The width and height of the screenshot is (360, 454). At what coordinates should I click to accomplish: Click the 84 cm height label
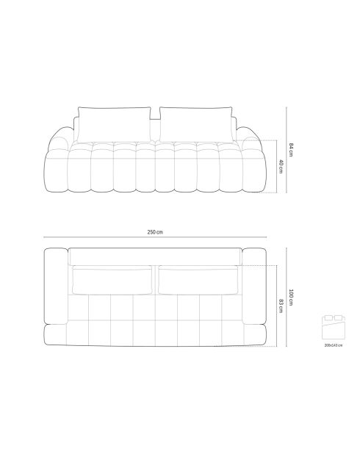[292, 150]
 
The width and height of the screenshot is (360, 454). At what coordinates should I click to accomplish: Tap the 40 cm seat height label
[281, 167]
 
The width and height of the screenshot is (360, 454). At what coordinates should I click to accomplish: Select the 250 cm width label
[155, 232]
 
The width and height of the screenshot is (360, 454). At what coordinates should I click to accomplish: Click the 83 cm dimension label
[281, 305]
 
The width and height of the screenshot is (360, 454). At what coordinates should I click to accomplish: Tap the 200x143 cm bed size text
[332, 345]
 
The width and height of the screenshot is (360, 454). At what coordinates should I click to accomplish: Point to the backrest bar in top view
[155, 256]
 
